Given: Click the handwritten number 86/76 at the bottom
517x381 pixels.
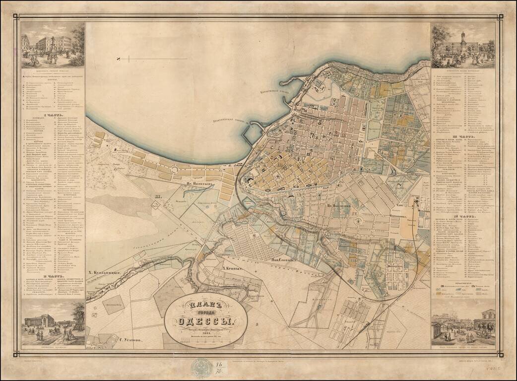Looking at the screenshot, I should (219, 368).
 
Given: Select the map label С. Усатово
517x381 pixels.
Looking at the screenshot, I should (130, 340).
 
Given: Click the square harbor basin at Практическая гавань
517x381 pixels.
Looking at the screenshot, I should (253, 133).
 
